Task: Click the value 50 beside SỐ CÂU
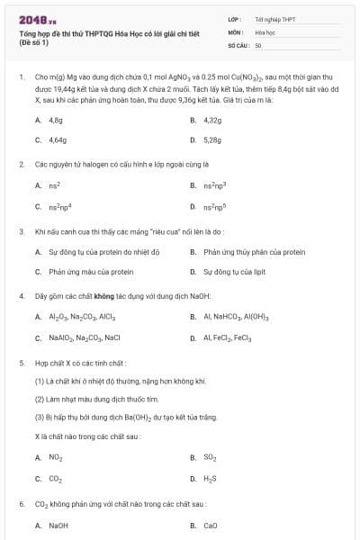pos(258,44)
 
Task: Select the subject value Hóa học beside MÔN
pos(265,31)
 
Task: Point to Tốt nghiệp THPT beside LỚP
pos(274,19)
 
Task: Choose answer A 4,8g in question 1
pos(55,119)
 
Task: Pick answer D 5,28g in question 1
pos(212,140)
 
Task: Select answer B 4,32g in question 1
pos(212,119)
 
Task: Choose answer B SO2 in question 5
pos(210,457)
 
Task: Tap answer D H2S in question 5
pos(210,479)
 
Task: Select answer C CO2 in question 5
pos(55,479)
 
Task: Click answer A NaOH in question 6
pos(58,525)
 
